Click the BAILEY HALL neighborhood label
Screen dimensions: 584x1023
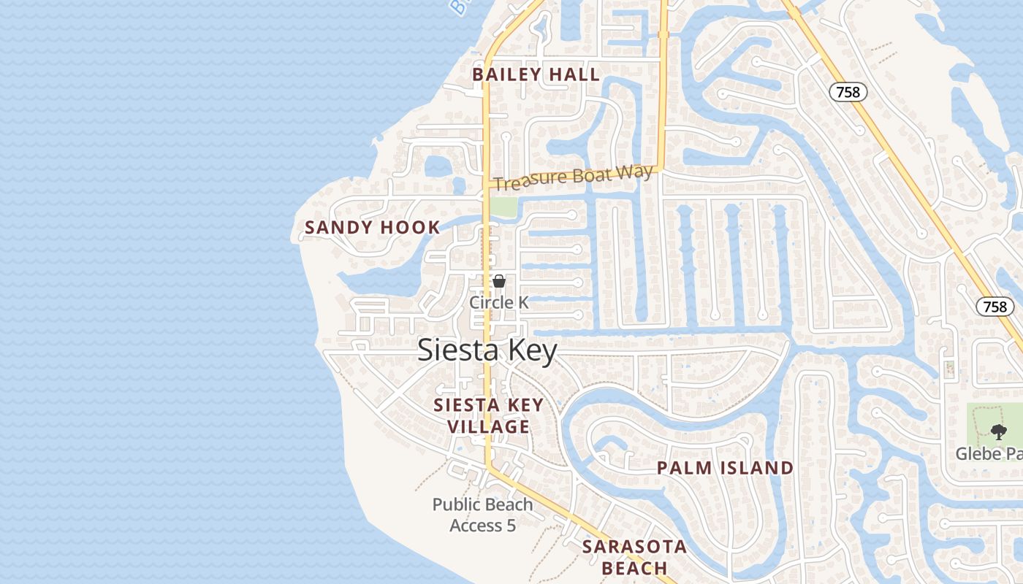(536, 74)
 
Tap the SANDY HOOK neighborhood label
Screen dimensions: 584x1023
(372, 228)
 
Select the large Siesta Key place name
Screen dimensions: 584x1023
(487, 350)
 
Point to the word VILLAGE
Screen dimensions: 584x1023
(488, 427)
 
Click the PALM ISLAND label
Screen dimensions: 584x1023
(725, 469)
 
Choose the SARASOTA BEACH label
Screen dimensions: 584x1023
(634, 557)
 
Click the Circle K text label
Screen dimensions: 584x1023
(498, 302)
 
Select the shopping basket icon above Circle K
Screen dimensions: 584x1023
(499, 281)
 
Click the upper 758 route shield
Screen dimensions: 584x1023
(848, 92)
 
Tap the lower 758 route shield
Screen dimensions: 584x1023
(995, 307)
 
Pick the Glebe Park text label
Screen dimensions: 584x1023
(989, 454)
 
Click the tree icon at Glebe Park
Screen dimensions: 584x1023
(999, 431)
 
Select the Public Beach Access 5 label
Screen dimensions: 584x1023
(482, 515)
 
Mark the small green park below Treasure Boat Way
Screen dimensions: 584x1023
(503, 207)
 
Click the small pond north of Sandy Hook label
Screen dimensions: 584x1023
(438, 167)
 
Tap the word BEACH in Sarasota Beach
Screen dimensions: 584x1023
(634, 568)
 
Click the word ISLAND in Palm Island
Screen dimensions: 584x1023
(755, 469)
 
